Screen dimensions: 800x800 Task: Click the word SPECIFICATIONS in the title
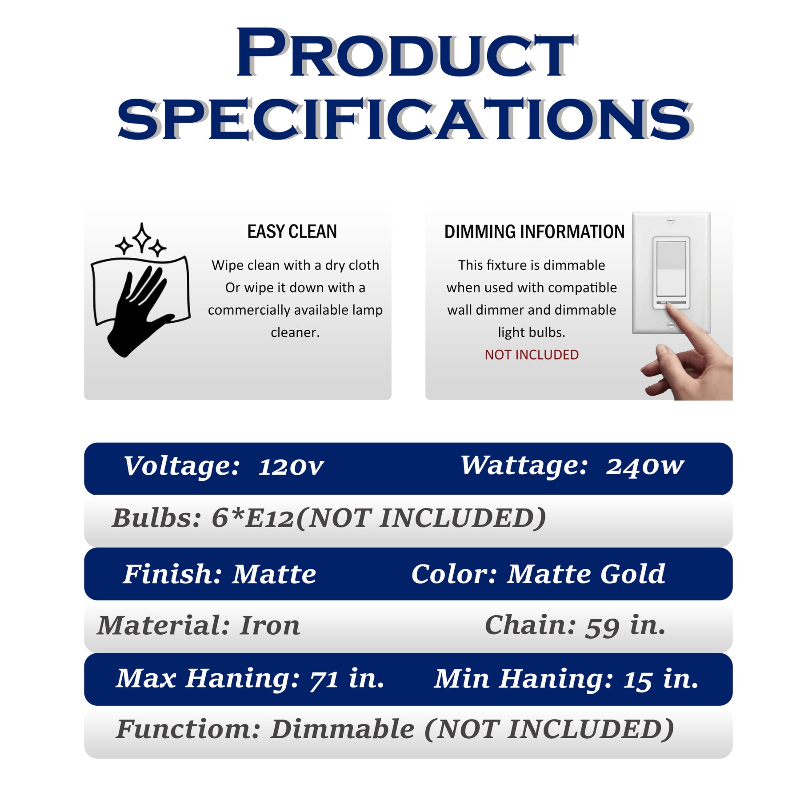coord(404,119)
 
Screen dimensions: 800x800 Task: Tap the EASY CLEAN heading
coord(292,232)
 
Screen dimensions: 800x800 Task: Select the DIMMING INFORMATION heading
coord(534,232)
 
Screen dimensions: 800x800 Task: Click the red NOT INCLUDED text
coord(532,355)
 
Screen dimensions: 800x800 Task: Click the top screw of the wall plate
coord(671,220)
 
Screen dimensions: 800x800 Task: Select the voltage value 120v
coord(291,467)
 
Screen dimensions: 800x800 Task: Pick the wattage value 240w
coord(645,466)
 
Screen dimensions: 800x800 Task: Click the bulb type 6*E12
coord(252,518)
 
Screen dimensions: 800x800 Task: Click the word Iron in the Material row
coord(270,626)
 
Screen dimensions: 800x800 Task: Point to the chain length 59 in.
coord(626,626)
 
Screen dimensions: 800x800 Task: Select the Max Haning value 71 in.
coord(347,679)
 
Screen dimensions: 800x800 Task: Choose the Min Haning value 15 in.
coord(661,679)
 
